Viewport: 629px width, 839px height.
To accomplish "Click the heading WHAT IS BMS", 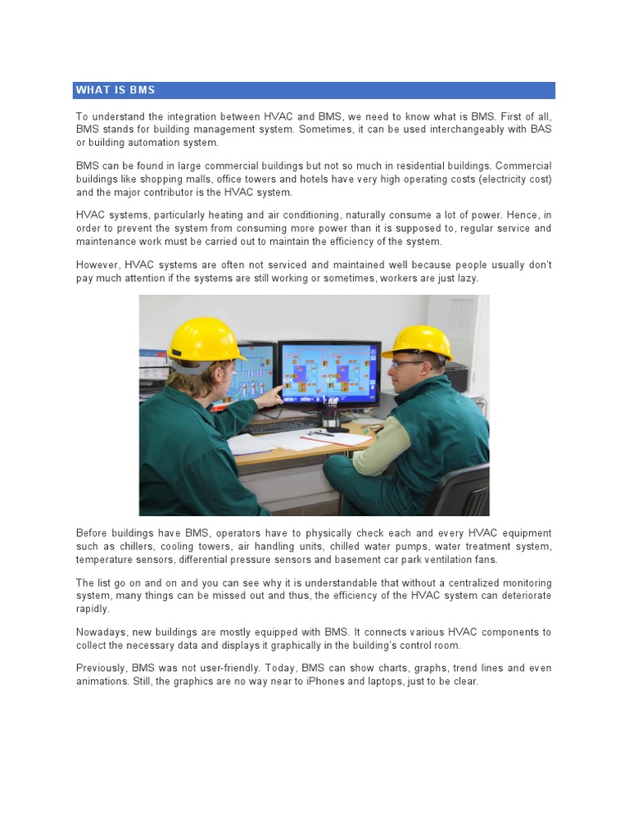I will pyautogui.click(x=115, y=90).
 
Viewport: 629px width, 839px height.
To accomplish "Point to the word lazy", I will pyautogui.click(x=465, y=279).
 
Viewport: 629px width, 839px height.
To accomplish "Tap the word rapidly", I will pyautogui.click(x=93, y=609).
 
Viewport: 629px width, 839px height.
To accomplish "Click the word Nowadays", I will pyautogui.click(x=102, y=633).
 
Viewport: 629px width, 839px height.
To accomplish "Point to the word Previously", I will pyautogui.click(x=103, y=669).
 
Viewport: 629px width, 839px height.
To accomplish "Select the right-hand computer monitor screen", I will pyautogui.click(x=329, y=371).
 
